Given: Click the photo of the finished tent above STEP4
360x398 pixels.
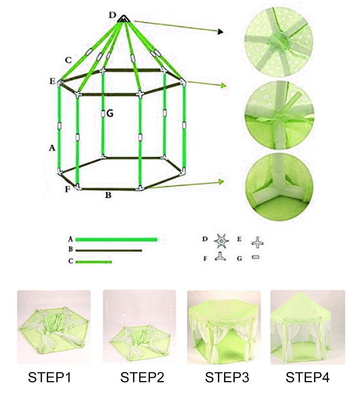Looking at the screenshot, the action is (x=308, y=327).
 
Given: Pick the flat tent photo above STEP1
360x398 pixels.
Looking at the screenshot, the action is (x=54, y=327).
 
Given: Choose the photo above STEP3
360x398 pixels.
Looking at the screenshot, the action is (x=224, y=327).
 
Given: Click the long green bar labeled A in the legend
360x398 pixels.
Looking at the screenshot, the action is (x=116, y=240).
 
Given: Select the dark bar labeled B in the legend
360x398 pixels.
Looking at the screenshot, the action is (x=109, y=251).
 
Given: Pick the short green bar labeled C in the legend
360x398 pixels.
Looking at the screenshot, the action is (x=94, y=262).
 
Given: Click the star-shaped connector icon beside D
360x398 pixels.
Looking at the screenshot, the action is (x=221, y=241).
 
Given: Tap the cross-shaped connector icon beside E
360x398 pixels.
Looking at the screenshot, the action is (x=257, y=242).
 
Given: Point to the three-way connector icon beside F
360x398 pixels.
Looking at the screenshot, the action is (x=220, y=256).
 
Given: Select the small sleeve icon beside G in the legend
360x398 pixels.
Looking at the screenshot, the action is (x=256, y=258).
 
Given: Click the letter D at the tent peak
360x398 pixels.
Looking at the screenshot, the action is (x=112, y=15).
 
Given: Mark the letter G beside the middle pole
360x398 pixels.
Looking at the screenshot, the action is (x=110, y=113).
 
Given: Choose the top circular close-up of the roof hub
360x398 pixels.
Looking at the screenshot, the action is (x=279, y=42).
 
